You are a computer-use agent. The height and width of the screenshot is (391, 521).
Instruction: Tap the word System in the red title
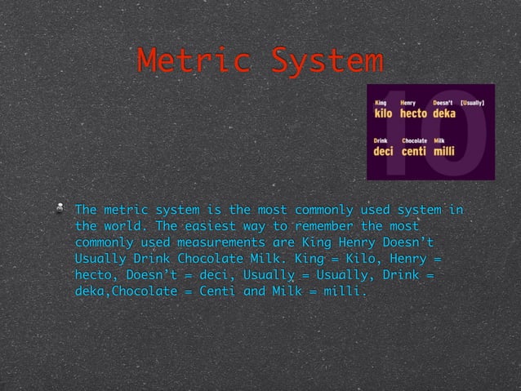[x=327, y=61]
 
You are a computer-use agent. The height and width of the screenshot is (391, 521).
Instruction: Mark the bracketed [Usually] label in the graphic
[x=474, y=103]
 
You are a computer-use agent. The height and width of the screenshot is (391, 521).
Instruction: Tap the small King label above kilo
[x=380, y=103]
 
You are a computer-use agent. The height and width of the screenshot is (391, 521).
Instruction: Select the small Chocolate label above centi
[x=415, y=140]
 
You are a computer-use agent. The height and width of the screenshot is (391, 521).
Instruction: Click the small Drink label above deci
[x=381, y=140]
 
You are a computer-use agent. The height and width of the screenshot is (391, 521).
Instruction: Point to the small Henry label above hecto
[x=407, y=103]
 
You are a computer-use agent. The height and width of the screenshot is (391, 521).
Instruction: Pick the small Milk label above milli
[x=439, y=140]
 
